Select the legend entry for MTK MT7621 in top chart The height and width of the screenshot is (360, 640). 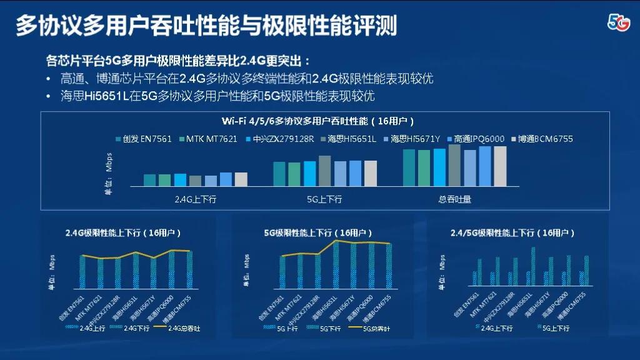pyautogui.click(x=208, y=139)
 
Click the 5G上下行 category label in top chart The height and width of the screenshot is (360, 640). pyautogui.click(x=324, y=199)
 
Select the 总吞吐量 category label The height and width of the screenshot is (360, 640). pyautogui.click(x=454, y=199)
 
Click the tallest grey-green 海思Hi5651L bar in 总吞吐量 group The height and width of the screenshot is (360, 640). pyautogui.click(x=454, y=166)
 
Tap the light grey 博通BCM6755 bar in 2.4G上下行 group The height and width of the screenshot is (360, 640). pyautogui.click(x=241, y=179)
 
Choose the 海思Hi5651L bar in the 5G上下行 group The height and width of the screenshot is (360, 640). pyautogui.click(x=324, y=171)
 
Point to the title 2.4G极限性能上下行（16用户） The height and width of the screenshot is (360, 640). pyautogui.click(x=123, y=232)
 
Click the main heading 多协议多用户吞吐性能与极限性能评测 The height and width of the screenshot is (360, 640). pyautogui.click(x=206, y=26)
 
